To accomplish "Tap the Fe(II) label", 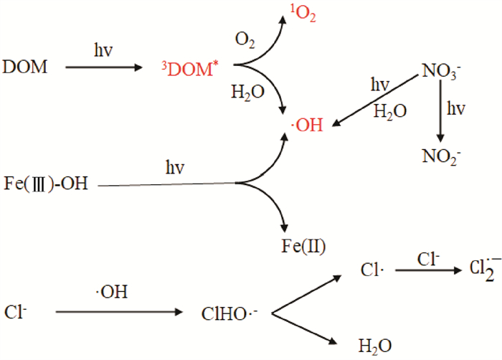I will (304, 247).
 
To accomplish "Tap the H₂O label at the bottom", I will (376, 346).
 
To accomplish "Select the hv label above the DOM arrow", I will (102, 52).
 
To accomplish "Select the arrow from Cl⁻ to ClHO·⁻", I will (118, 312).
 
